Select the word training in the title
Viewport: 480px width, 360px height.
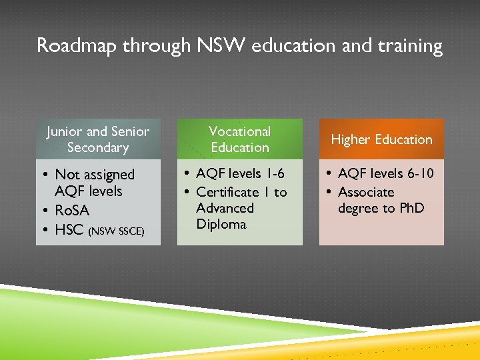(x=407, y=45)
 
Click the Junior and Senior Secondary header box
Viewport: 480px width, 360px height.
(x=98, y=139)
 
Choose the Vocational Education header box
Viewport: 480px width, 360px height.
(x=239, y=139)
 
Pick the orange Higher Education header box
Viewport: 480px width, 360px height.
(x=381, y=139)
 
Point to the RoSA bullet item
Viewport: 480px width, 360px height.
(x=71, y=211)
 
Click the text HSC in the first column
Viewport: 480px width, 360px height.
(x=69, y=230)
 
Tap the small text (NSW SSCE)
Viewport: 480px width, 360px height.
(x=116, y=231)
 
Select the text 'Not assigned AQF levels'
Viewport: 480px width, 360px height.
(x=94, y=183)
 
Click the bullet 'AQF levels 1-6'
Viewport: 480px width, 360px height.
(x=240, y=173)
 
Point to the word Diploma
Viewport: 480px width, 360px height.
(x=221, y=224)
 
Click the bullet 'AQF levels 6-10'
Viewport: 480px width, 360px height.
(x=385, y=173)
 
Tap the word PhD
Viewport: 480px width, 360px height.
(x=412, y=208)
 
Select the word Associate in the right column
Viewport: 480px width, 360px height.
(x=366, y=192)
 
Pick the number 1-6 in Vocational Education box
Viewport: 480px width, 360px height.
(x=273, y=173)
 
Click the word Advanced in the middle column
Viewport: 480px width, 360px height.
(x=225, y=208)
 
